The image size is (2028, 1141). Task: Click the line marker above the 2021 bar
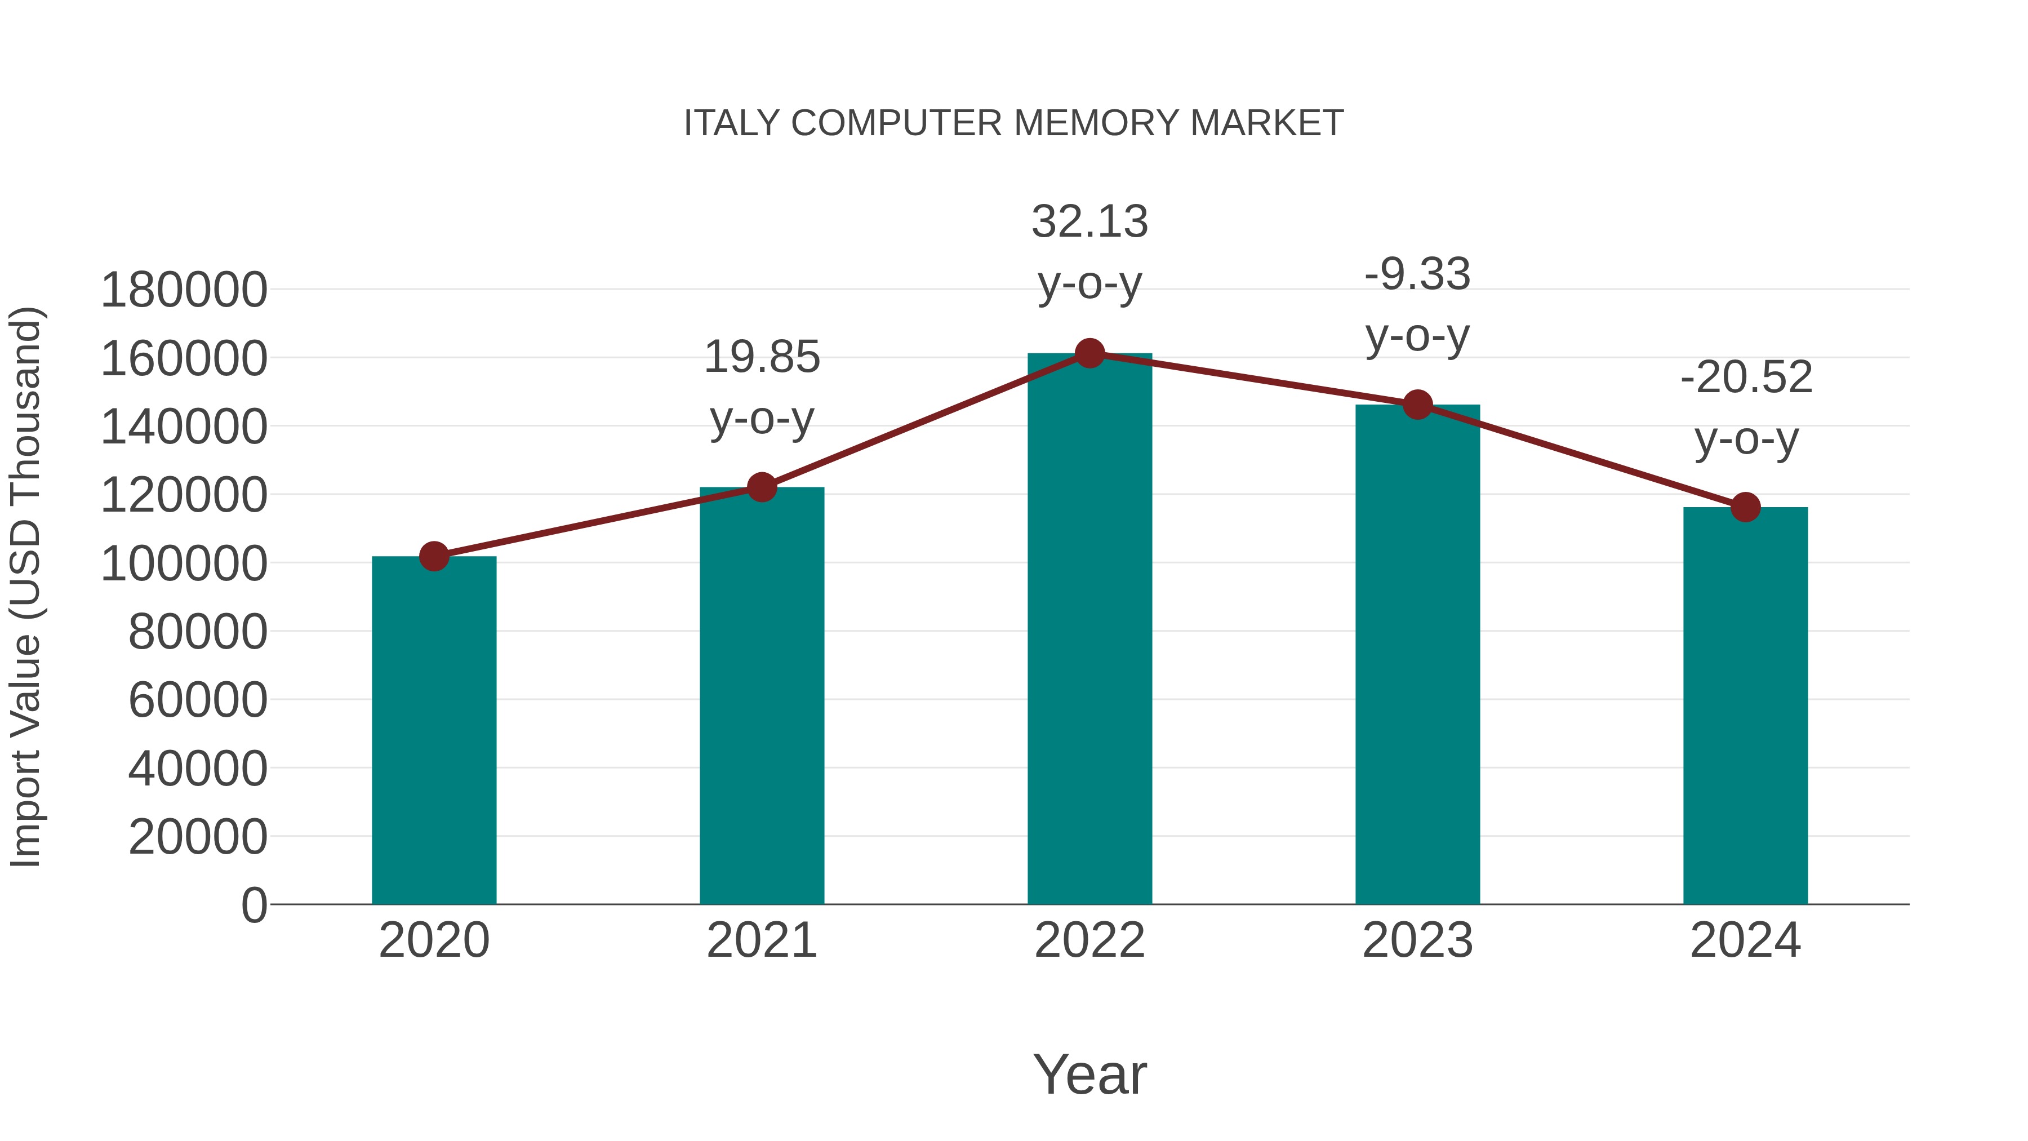[761, 487]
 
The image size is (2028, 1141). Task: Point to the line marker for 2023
[1417, 405]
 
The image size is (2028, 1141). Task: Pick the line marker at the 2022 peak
[1089, 353]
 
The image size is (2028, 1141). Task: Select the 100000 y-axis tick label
[184, 564]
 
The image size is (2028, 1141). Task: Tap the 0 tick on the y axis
[253, 905]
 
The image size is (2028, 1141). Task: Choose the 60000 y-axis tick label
[198, 700]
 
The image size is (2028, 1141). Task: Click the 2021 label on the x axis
[761, 940]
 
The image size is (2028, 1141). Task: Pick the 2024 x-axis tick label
[1745, 940]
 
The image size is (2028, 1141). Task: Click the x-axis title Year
[1089, 1074]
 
